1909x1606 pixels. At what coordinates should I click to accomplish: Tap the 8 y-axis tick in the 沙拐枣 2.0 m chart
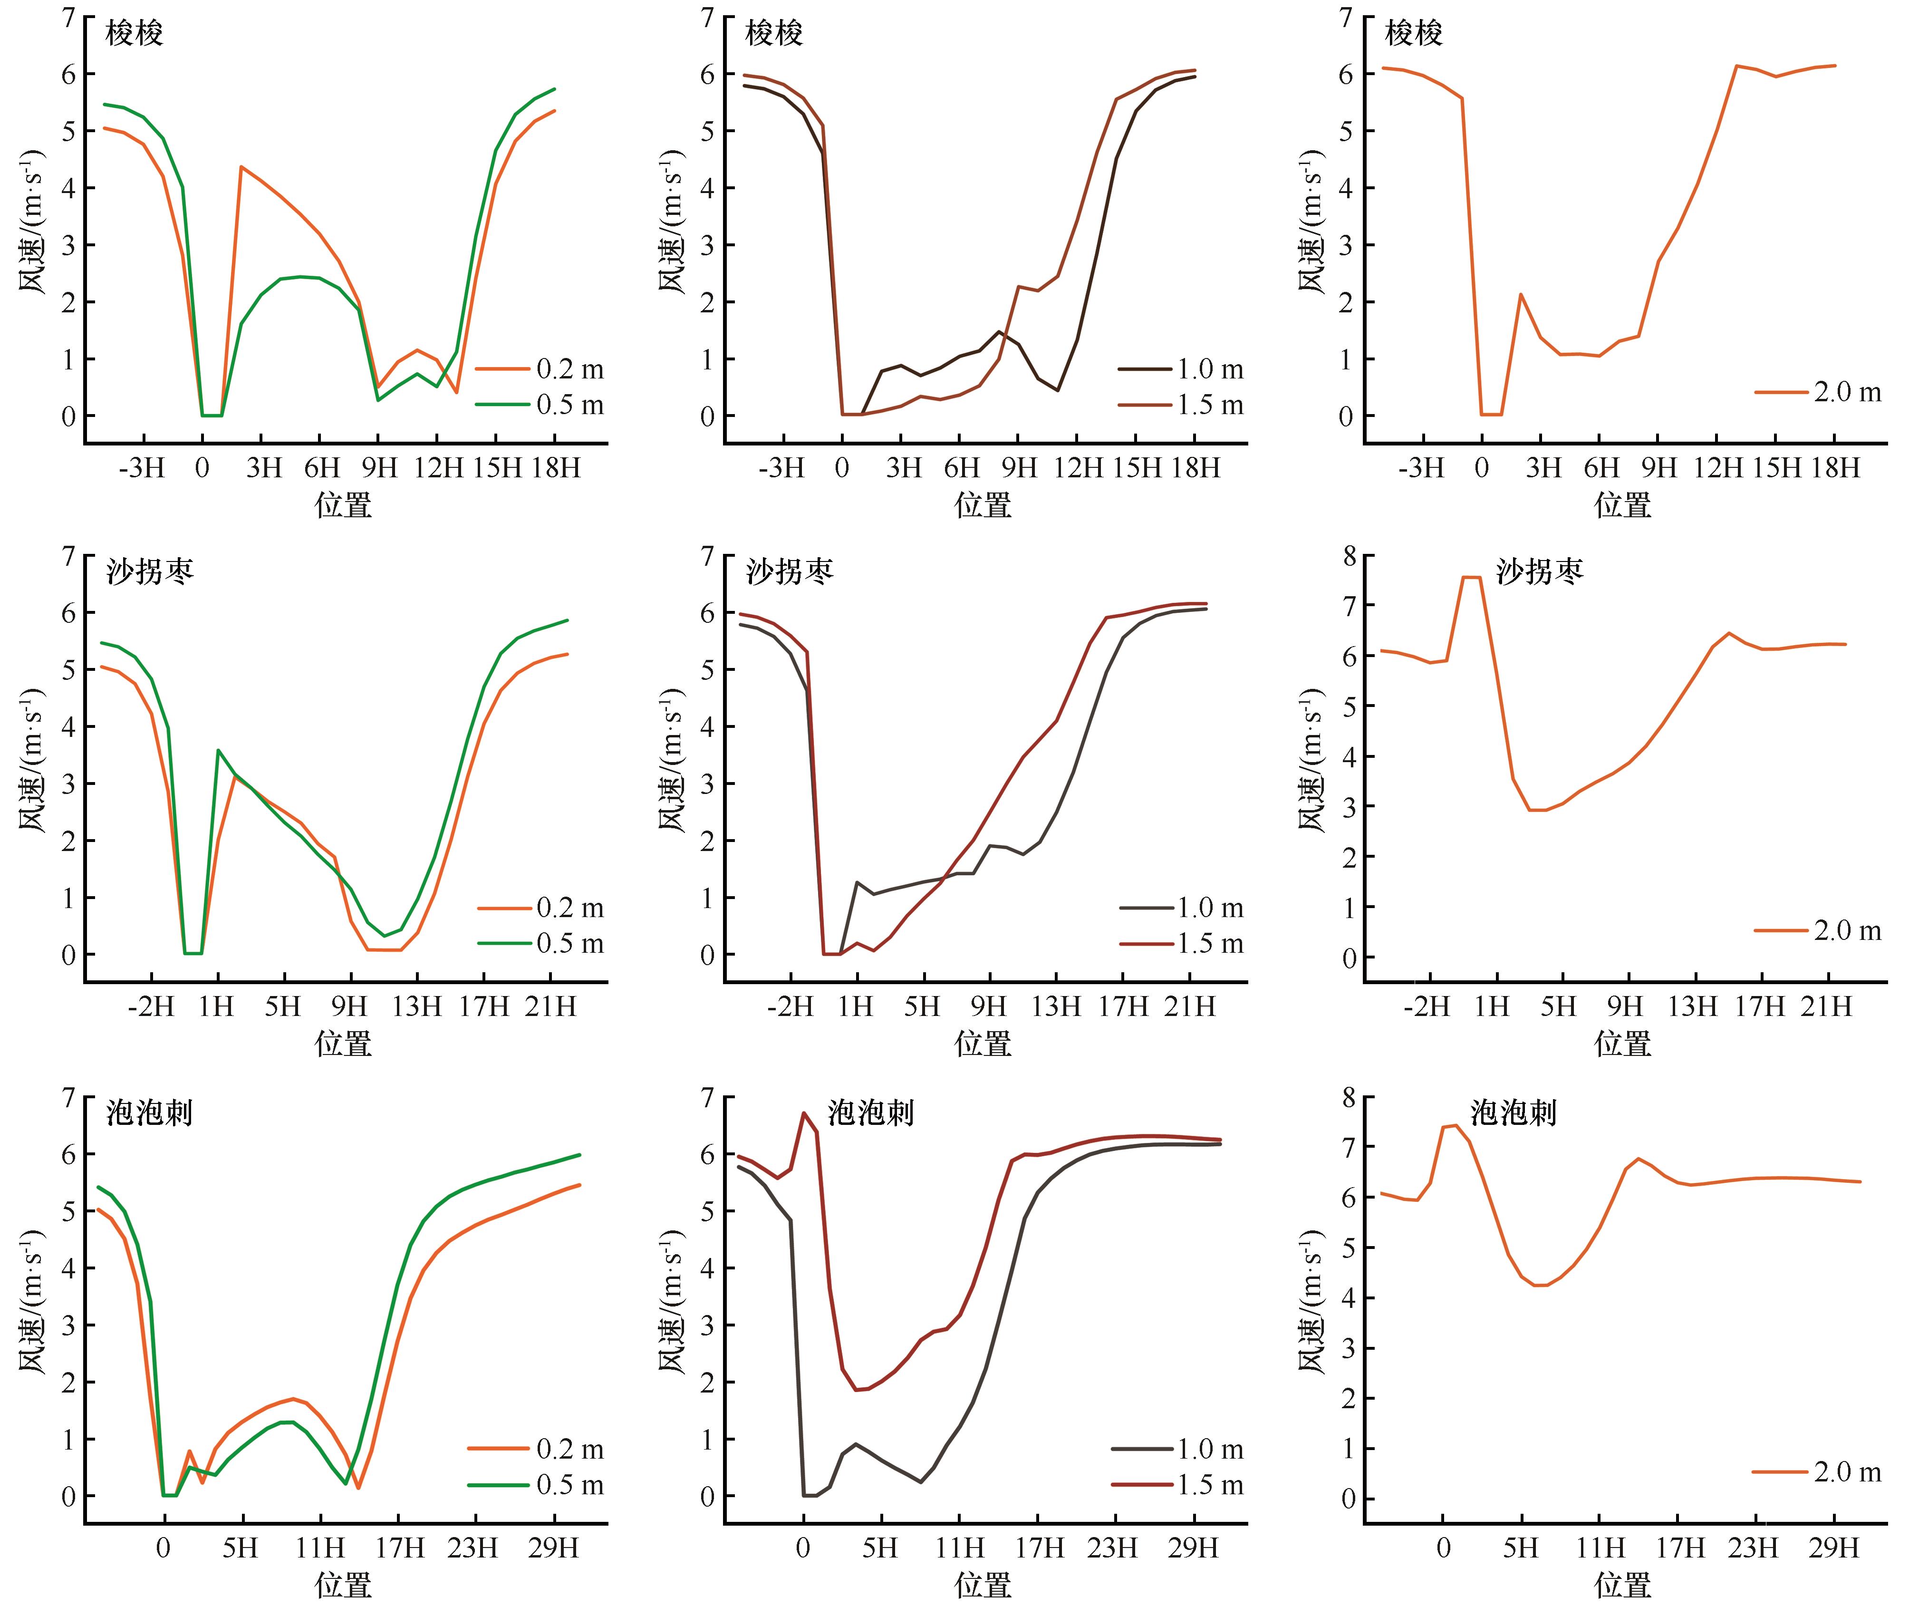pyautogui.click(x=1348, y=555)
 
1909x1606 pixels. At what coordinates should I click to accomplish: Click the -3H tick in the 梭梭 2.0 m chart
pyautogui.click(x=1421, y=468)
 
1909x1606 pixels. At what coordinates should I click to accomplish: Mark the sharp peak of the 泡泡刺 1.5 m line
pyautogui.click(x=804, y=1113)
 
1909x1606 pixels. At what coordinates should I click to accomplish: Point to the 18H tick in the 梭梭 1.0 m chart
pyautogui.click(x=1196, y=468)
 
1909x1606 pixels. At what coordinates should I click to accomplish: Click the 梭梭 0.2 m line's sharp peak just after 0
pyautogui.click(x=241, y=166)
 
